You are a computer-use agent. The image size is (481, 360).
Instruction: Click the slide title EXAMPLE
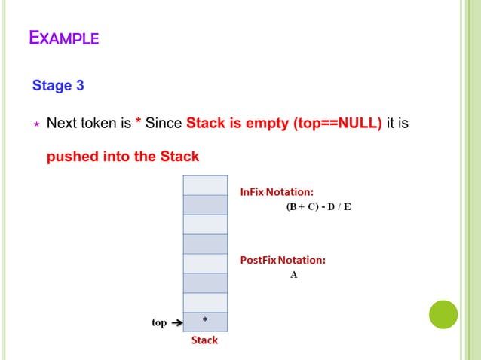pyautogui.click(x=63, y=38)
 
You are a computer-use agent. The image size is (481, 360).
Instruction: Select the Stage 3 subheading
pyautogui.click(x=58, y=86)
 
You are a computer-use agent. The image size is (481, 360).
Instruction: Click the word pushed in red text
pyautogui.click(x=70, y=157)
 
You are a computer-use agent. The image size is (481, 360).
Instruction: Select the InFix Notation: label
pyautogui.click(x=277, y=192)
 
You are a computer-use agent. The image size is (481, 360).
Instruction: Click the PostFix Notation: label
pyautogui.click(x=283, y=261)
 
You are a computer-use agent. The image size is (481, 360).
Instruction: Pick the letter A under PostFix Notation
pyautogui.click(x=294, y=275)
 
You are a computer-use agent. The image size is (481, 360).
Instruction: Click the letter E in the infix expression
pyautogui.click(x=347, y=207)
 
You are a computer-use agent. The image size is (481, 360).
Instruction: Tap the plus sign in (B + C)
pyautogui.click(x=299, y=207)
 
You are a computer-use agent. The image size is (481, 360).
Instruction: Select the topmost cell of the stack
pyautogui.click(x=205, y=185)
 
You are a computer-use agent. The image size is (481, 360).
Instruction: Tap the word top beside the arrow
pyautogui.click(x=159, y=323)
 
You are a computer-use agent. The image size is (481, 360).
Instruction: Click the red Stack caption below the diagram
pyautogui.click(x=204, y=340)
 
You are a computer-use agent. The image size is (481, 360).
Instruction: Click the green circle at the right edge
pyautogui.click(x=443, y=314)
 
